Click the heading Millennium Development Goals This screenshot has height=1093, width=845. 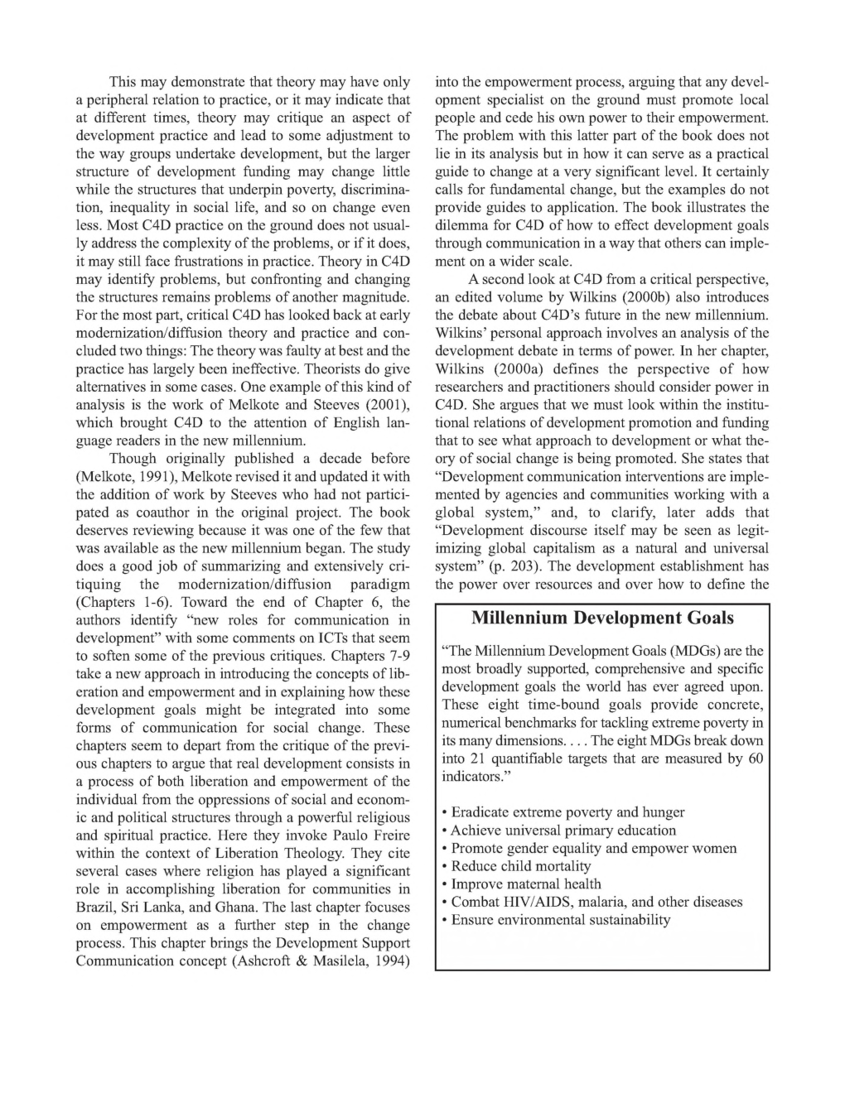point(602,618)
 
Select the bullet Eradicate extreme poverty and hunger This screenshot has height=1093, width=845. point(567,812)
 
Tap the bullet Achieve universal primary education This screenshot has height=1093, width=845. point(563,831)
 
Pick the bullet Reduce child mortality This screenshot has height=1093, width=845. point(521,866)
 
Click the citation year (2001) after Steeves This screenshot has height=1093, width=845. point(389,405)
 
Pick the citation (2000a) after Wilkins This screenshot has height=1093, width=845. point(534,369)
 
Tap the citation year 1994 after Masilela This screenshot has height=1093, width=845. point(394,961)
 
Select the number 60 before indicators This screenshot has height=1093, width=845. point(754,758)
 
